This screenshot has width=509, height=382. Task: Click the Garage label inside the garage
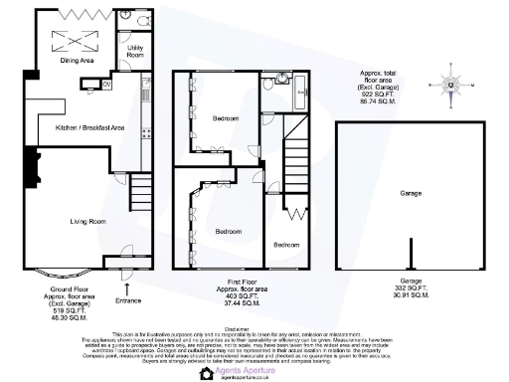coord(411,194)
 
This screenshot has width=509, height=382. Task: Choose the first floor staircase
coord(294,159)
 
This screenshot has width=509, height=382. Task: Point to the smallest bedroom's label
coord(286,245)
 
